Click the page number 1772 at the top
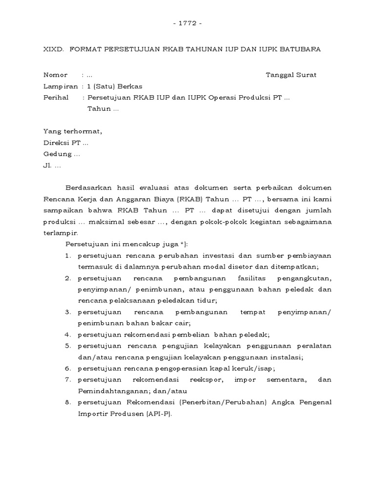pos(187,23)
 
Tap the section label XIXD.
pos(53,50)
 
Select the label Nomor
pos(55,75)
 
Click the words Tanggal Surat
pos(291,75)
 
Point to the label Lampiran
pos(61,86)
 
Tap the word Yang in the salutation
pos(52,131)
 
